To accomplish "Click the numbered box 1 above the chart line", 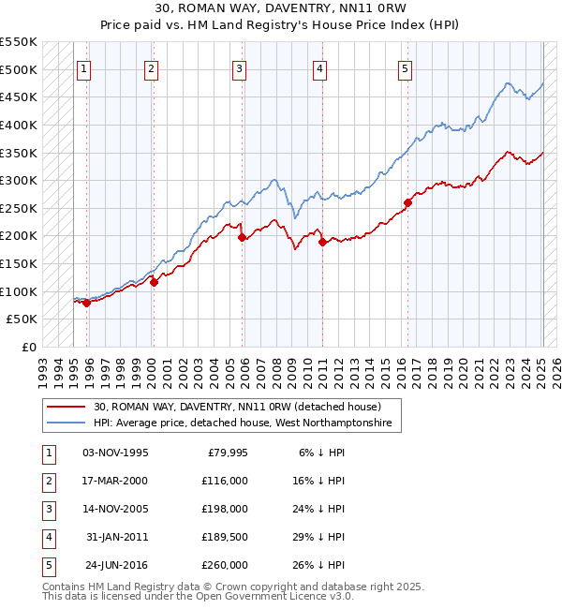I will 84,68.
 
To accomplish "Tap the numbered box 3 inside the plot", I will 240,68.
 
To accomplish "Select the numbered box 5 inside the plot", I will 405,68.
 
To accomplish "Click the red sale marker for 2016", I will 408,202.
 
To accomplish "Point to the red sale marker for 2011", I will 322,242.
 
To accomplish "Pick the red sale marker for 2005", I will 242,237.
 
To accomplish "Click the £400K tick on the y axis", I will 19,125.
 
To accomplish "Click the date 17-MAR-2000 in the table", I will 115,481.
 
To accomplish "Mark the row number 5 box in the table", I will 47,565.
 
